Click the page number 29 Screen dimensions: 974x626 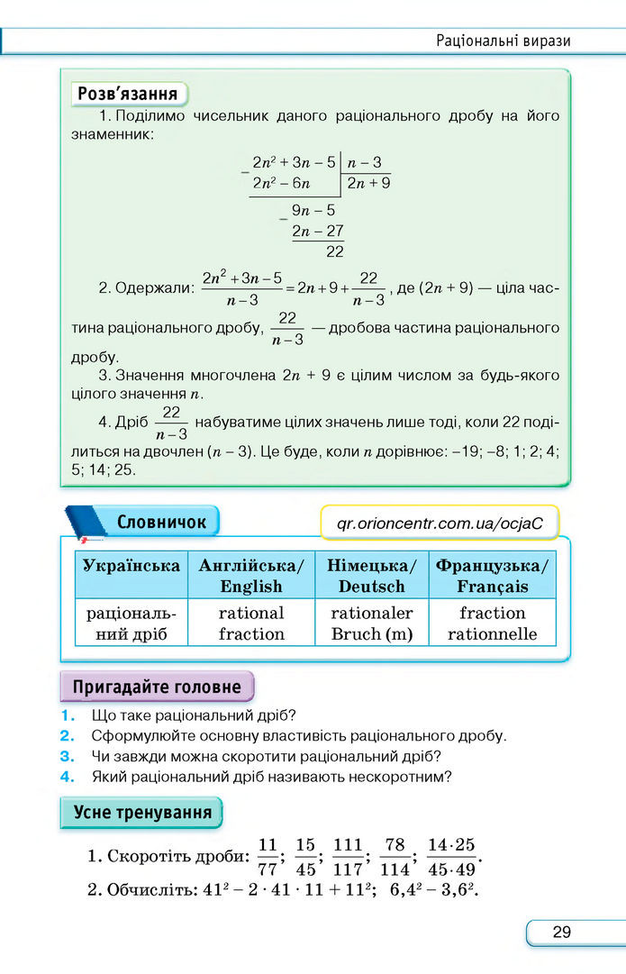(561, 932)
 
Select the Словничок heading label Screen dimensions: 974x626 (161, 522)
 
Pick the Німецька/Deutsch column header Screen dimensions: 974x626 (371, 576)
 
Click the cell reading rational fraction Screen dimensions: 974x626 (251, 624)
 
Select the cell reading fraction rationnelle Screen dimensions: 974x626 (492, 624)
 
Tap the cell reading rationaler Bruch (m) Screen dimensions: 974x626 (371, 624)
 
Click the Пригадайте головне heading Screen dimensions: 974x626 (157, 687)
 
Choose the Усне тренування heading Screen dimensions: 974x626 (142, 812)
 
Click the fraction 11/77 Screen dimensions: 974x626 (268, 857)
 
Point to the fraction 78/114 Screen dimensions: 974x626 (395, 857)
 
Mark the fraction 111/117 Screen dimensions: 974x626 (347, 857)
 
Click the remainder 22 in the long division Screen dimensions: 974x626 (335, 251)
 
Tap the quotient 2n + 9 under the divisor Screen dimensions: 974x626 (368, 184)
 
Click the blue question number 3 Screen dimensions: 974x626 (66, 756)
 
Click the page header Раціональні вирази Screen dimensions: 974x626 (504, 41)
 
